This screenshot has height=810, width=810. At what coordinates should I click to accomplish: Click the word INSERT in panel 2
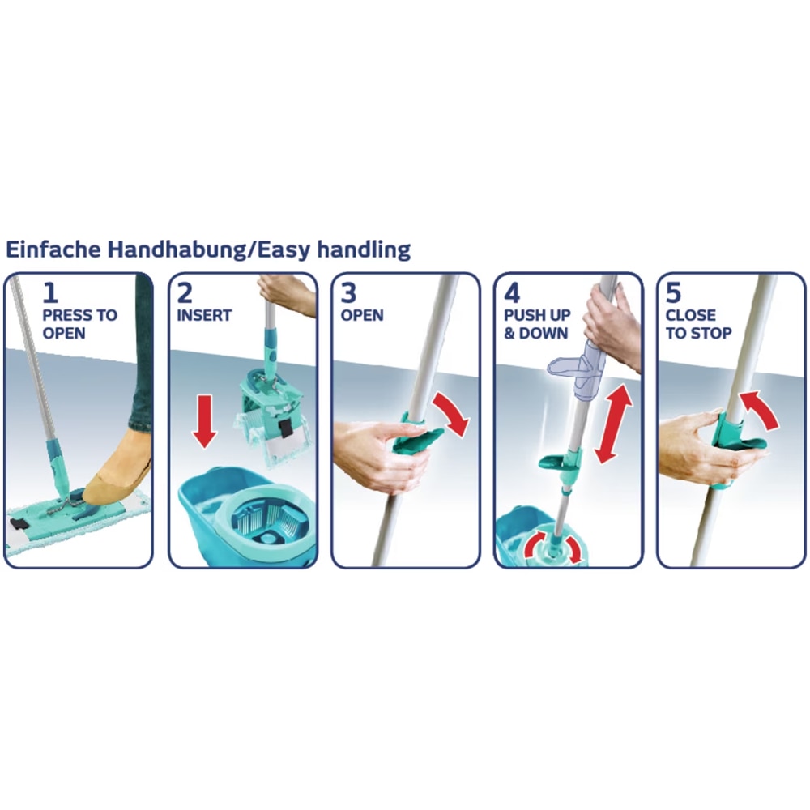click(203, 315)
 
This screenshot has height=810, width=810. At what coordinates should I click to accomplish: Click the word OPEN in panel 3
click(361, 315)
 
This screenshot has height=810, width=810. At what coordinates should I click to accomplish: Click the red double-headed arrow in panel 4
click(613, 424)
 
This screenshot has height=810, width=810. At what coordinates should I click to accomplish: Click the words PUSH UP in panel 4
click(537, 315)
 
